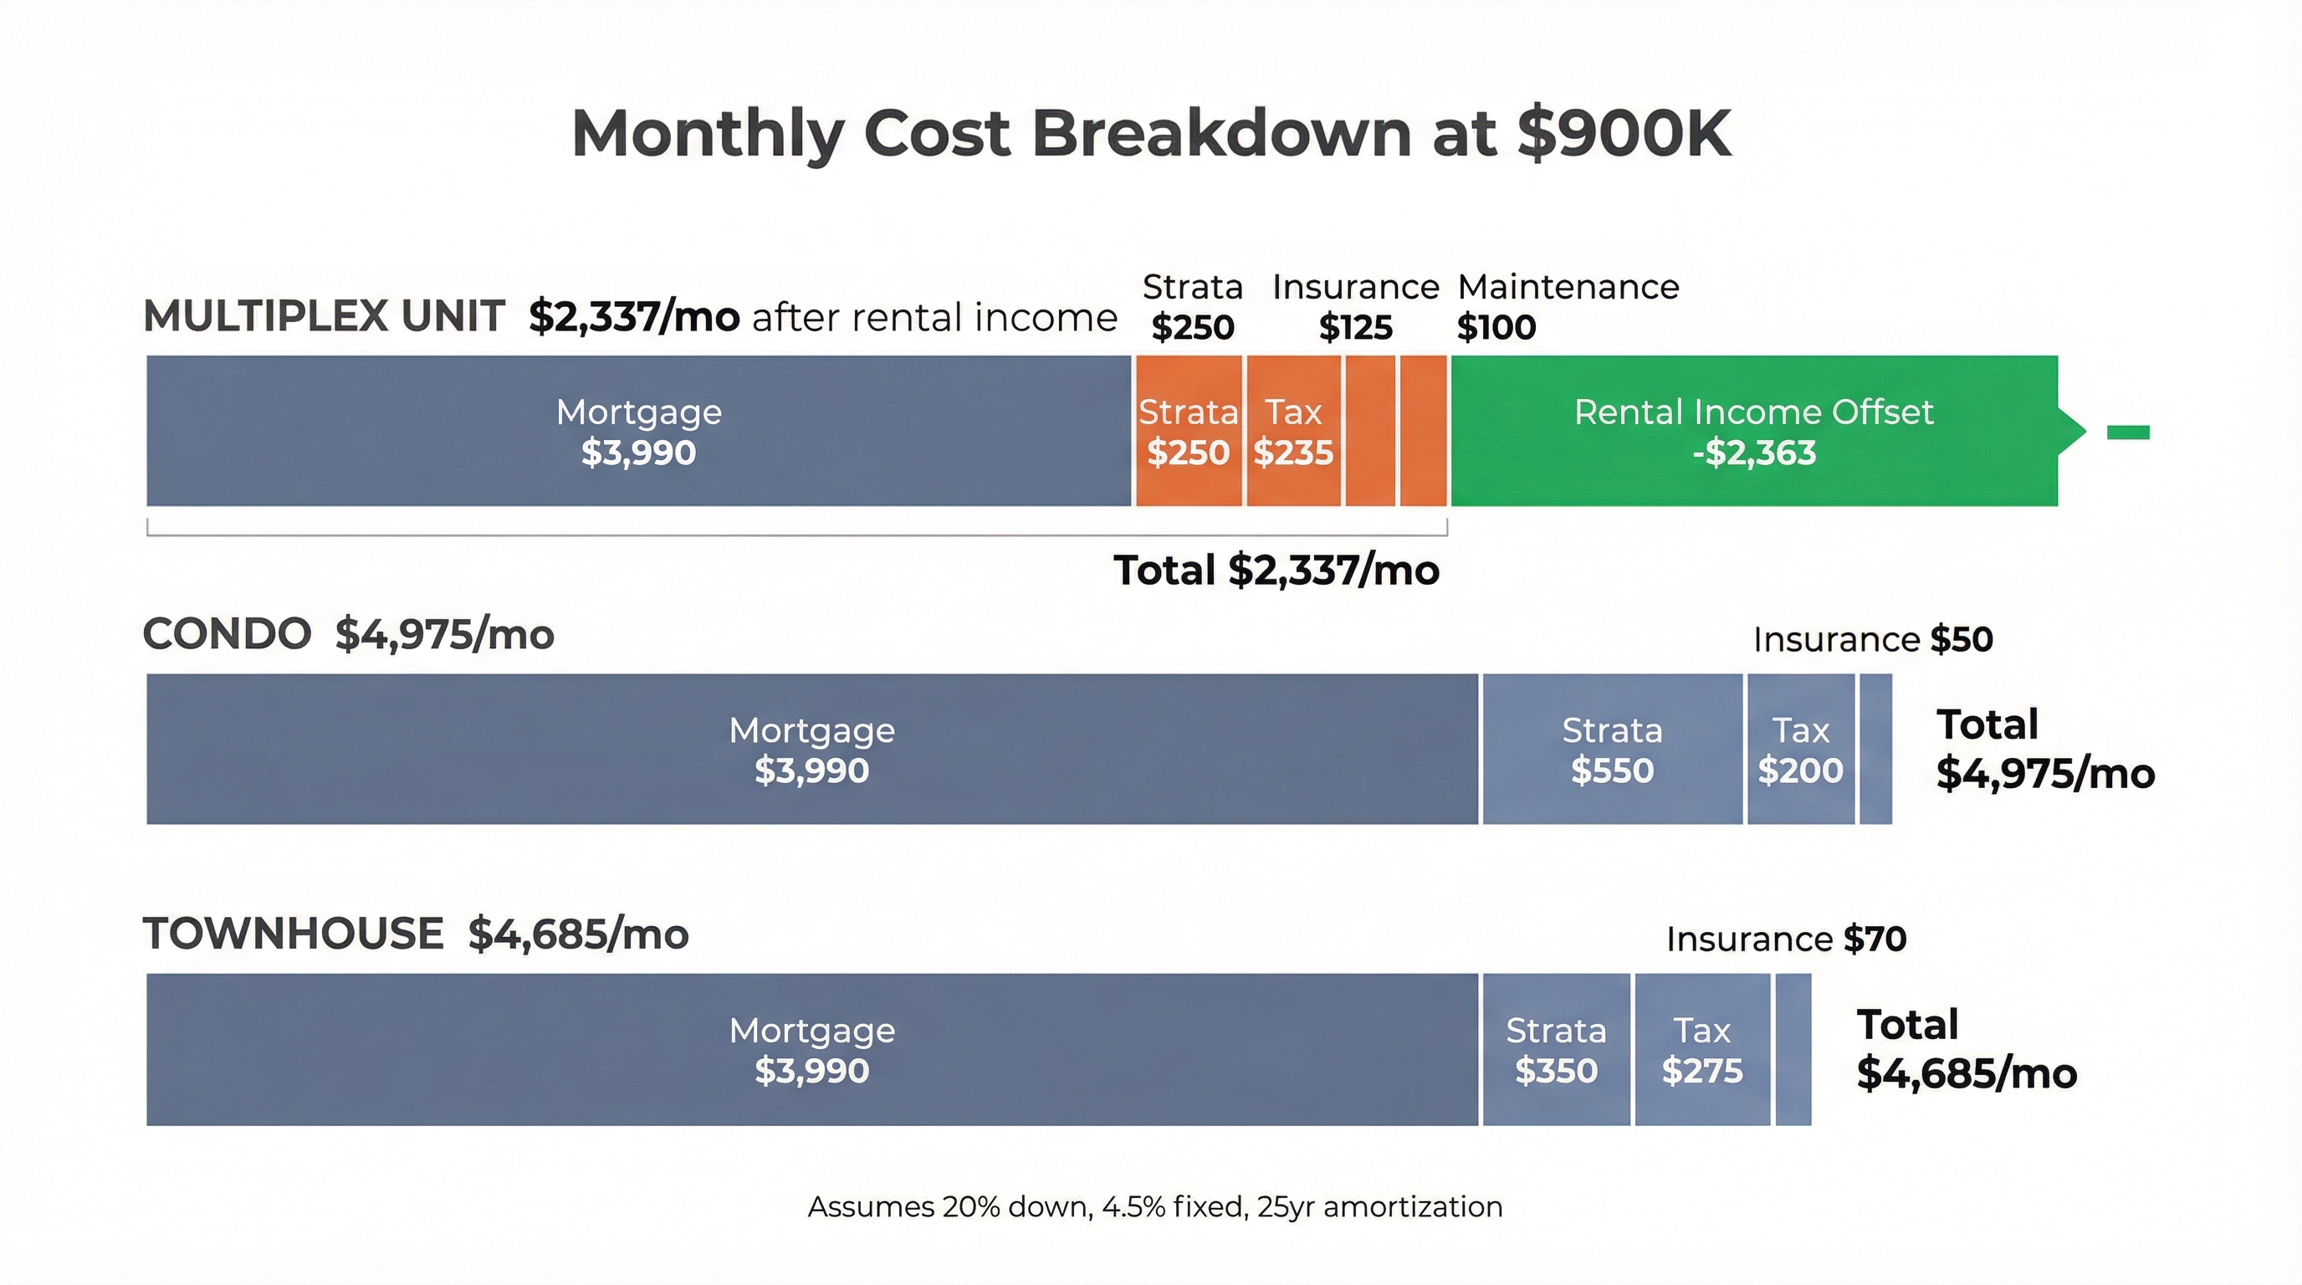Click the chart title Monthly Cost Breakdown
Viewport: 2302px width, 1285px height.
point(1151,134)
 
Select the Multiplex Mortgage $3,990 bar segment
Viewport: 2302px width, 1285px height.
point(638,432)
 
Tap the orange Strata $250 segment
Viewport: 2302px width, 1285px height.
point(1188,432)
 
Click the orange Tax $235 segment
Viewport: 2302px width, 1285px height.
point(1293,432)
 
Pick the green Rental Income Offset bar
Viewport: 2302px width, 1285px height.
point(1753,432)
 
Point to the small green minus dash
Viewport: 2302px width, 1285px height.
point(2128,433)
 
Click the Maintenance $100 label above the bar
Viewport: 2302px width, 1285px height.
point(1568,306)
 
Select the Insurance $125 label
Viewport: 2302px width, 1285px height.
point(1355,306)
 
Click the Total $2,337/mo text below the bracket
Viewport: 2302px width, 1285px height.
point(1276,570)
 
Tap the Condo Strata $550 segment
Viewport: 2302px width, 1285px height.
point(1612,749)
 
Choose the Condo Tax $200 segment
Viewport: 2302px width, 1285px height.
point(1800,749)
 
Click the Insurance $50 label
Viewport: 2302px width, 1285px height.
point(1872,639)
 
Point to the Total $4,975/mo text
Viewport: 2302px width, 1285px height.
point(2044,749)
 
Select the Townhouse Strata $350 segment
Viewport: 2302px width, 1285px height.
point(1556,1049)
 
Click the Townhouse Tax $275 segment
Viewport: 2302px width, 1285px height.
point(1701,1049)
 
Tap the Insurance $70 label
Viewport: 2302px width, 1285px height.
point(1786,939)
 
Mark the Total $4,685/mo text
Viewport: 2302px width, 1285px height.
point(1966,1049)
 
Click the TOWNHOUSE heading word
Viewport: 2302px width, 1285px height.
point(293,934)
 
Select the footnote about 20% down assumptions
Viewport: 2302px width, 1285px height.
point(1154,1206)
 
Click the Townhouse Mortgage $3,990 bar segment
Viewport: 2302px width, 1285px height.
point(811,1049)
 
